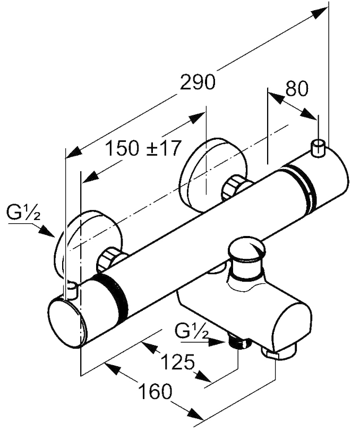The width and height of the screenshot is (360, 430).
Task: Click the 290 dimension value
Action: pos(198,82)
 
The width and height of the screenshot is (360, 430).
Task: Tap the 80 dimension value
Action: pos(296,89)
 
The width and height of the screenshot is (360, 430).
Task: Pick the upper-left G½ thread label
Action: pos(23,215)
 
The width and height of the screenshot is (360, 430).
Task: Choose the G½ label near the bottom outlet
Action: pos(192,333)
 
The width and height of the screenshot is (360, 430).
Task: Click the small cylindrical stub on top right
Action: pos(319,148)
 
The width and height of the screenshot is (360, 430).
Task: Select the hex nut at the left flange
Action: pos(110,258)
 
